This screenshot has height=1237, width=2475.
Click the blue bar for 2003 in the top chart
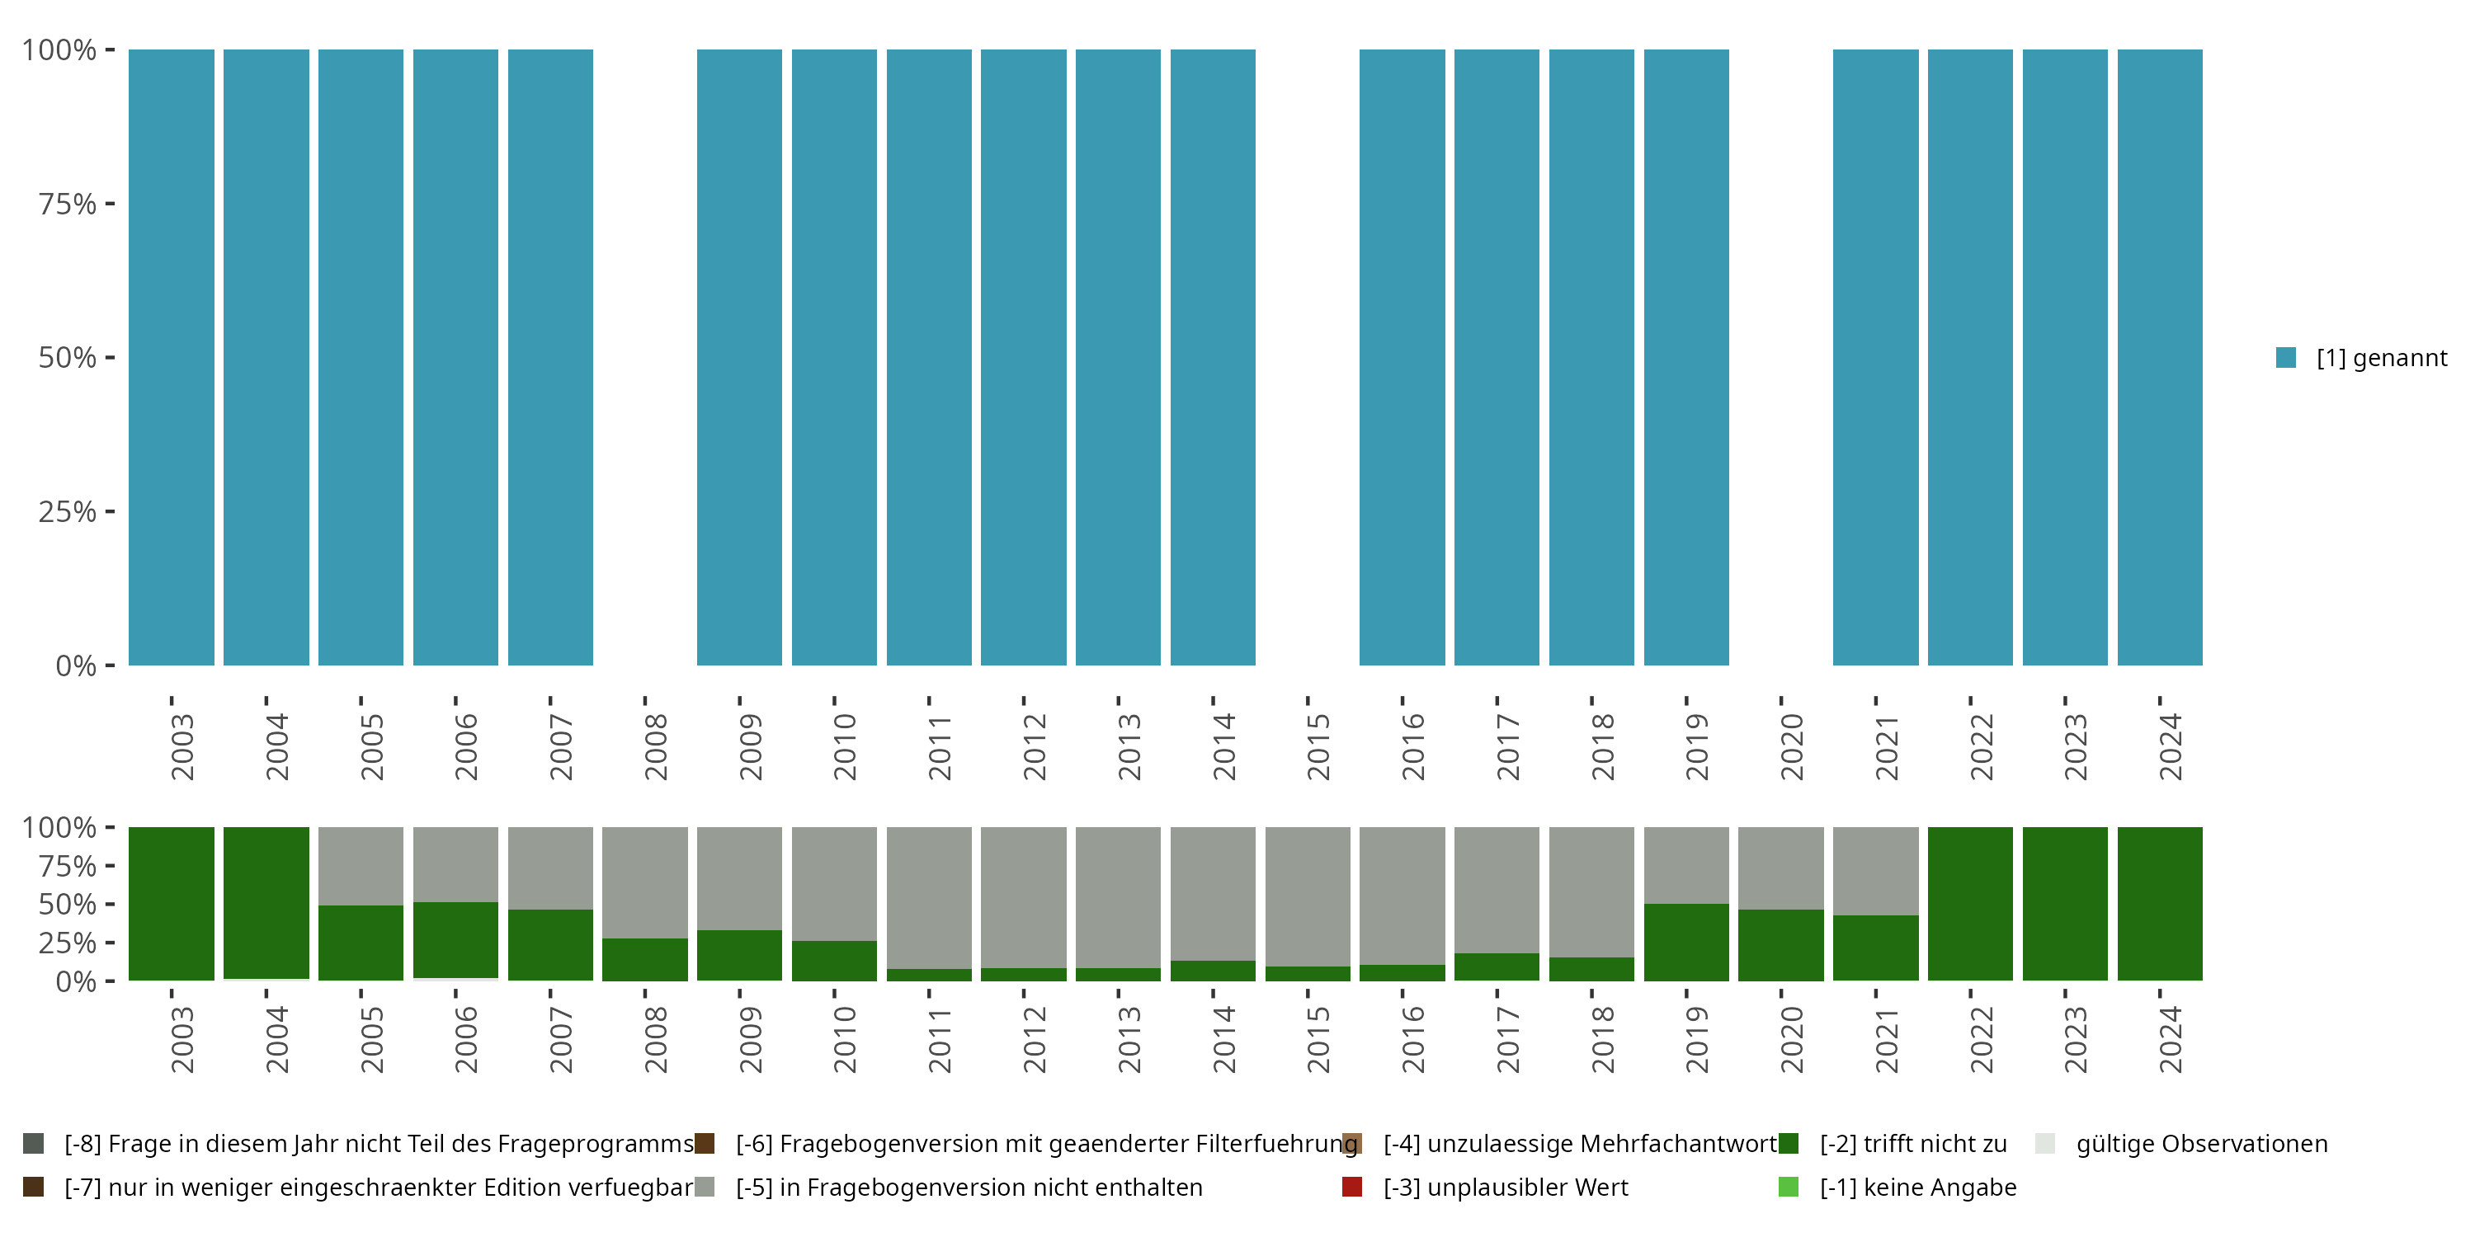click(171, 357)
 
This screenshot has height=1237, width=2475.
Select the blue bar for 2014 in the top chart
click(1213, 357)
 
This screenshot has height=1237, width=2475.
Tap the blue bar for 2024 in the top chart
click(2159, 357)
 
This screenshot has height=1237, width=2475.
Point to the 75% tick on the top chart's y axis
click(68, 204)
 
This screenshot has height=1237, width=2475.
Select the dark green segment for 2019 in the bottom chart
click(1686, 941)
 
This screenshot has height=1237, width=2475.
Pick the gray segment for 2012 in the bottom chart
click(1023, 897)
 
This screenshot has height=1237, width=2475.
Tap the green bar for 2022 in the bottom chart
click(1969, 903)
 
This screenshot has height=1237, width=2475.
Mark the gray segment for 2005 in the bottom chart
click(361, 865)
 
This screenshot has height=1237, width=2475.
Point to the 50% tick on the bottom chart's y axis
click(68, 904)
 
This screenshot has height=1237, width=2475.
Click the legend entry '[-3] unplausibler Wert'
click(1505, 1187)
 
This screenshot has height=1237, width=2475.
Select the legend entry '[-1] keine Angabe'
click(1916, 1187)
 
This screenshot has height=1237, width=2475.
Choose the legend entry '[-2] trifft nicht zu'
click(1912, 1144)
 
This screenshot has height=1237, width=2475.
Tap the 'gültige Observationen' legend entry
click(2200, 1144)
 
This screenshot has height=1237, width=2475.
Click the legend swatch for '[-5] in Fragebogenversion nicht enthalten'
click(705, 1187)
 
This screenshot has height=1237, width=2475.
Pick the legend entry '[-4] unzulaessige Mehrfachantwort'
click(1578, 1144)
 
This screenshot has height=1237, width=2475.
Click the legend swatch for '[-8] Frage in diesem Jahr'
click(34, 1144)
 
